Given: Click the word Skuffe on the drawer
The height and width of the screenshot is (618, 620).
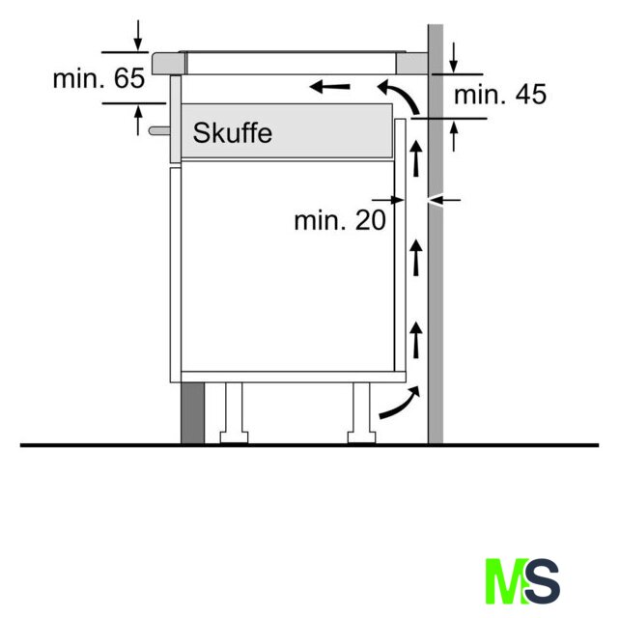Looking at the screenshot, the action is pyautogui.click(x=233, y=133).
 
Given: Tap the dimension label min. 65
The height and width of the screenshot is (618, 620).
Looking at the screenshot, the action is pyautogui.click(x=99, y=78).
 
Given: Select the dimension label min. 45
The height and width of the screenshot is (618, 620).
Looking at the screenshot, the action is pyautogui.click(x=500, y=95).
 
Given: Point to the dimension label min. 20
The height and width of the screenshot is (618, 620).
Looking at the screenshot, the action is pyautogui.click(x=340, y=220).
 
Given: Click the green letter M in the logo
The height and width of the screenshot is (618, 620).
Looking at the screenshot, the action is pyautogui.click(x=506, y=581).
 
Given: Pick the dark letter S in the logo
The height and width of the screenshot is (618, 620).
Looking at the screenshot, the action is pyautogui.click(x=543, y=581).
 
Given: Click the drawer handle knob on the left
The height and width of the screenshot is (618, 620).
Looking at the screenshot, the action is pyautogui.click(x=159, y=130).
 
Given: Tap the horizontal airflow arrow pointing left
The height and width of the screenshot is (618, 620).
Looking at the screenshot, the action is pyautogui.click(x=329, y=87).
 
